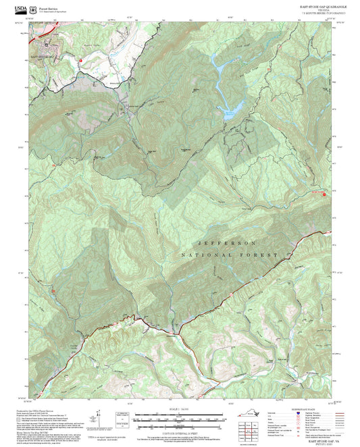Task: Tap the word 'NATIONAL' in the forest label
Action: click(x=206, y=255)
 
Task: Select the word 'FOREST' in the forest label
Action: click(x=262, y=255)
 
